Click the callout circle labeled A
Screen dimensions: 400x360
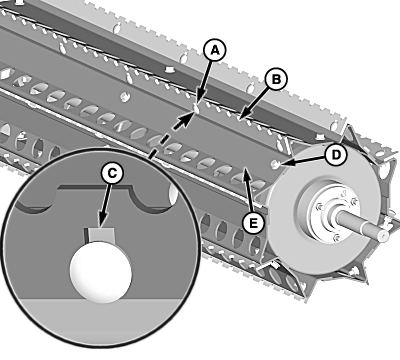215,50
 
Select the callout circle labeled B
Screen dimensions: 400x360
276,79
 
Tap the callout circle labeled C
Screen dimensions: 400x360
112,173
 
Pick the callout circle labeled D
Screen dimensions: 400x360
336,155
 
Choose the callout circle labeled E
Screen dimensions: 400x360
253,222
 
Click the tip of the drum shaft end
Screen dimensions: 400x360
384,235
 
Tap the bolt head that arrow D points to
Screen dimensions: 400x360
275,163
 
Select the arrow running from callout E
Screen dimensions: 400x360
247,189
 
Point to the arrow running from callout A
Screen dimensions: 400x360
206,81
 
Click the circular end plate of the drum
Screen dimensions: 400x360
322,213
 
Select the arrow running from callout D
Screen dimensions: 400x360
303,160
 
